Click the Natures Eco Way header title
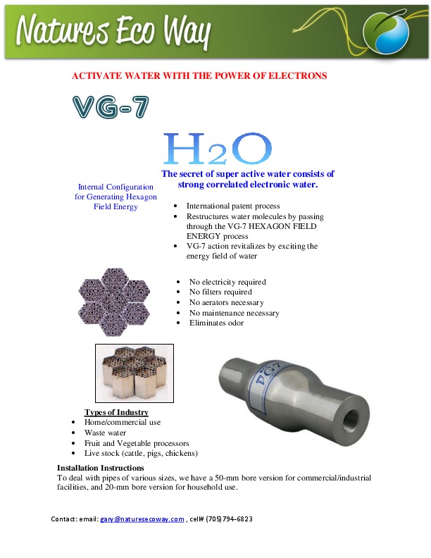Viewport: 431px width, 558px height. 113,31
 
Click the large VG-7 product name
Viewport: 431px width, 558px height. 111,107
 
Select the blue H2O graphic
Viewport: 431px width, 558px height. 218,149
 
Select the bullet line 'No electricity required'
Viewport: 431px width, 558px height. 227,282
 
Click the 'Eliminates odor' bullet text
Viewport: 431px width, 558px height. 217,323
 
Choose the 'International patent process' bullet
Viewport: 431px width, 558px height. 233,206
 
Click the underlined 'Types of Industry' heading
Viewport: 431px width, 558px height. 116,412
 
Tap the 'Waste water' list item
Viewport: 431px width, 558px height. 106,433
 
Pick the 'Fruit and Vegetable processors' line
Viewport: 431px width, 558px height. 136,443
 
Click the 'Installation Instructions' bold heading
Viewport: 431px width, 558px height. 100,468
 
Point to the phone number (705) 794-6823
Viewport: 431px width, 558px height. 227,519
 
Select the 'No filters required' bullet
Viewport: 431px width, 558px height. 220,292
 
